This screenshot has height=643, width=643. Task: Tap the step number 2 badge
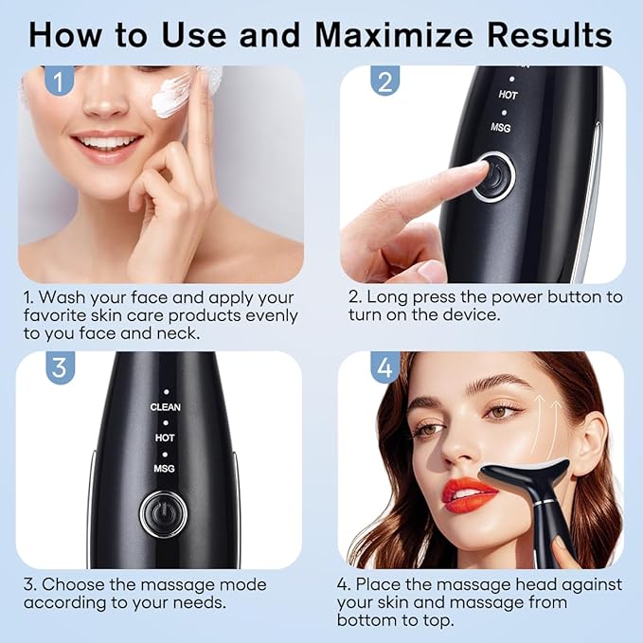coord(384,81)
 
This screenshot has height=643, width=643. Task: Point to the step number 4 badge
coord(384,367)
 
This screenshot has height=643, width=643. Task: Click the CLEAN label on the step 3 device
coord(165,407)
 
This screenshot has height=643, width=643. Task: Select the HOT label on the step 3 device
coord(165,438)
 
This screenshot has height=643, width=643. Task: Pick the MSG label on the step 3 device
coord(165,469)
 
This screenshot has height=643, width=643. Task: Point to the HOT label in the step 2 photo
coord(508,95)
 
